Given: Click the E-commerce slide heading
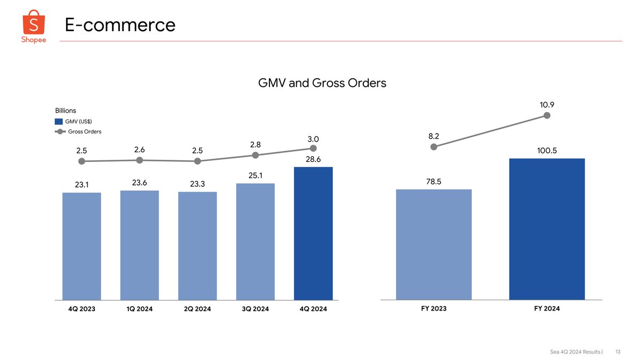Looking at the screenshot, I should (x=120, y=24).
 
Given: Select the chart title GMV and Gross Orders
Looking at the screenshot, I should (x=322, y=83).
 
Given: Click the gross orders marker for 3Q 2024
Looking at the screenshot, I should (x=255, y=156).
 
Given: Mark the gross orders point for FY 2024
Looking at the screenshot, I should (x=547, y=115).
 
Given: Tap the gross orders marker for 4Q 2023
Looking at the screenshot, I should (x=82, y=161).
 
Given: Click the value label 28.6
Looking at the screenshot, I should (x=313, y=159).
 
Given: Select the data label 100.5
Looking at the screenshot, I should (x=547, y=151).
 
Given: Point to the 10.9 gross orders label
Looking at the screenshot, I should (x=547, y=105).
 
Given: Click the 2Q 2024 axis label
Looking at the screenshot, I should (x=197, y=309).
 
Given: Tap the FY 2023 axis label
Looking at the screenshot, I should (x=434, y=308).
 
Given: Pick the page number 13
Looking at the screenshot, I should (x=618, y=352).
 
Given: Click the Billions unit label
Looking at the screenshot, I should (x=65, y=110).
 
